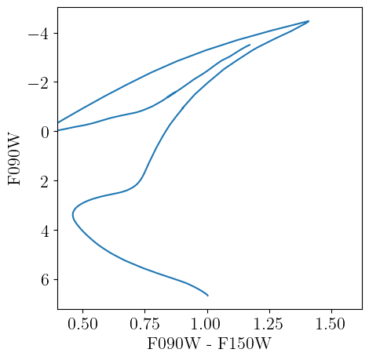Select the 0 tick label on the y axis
tap(44, 132)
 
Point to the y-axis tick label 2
tap(44, 181)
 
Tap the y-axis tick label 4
tap(44, 231)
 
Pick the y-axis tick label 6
tap(44, 280)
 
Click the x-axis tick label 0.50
tap(82, 322)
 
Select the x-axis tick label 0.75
tap(144, 322)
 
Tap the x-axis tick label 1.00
tap(206, 322)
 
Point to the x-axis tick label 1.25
tap(269, 322)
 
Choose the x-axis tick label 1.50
tap(331, 322)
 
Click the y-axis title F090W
tap(15, 158)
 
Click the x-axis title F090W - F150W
tap(209, 344)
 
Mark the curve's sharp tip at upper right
tap(309, 21)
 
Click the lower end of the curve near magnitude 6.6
tap(207, 296)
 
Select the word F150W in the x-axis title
tap(247, 344)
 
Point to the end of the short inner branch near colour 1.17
tap(250, 45)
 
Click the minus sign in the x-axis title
tap(209, 344)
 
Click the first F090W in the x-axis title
tap(172, 344)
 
